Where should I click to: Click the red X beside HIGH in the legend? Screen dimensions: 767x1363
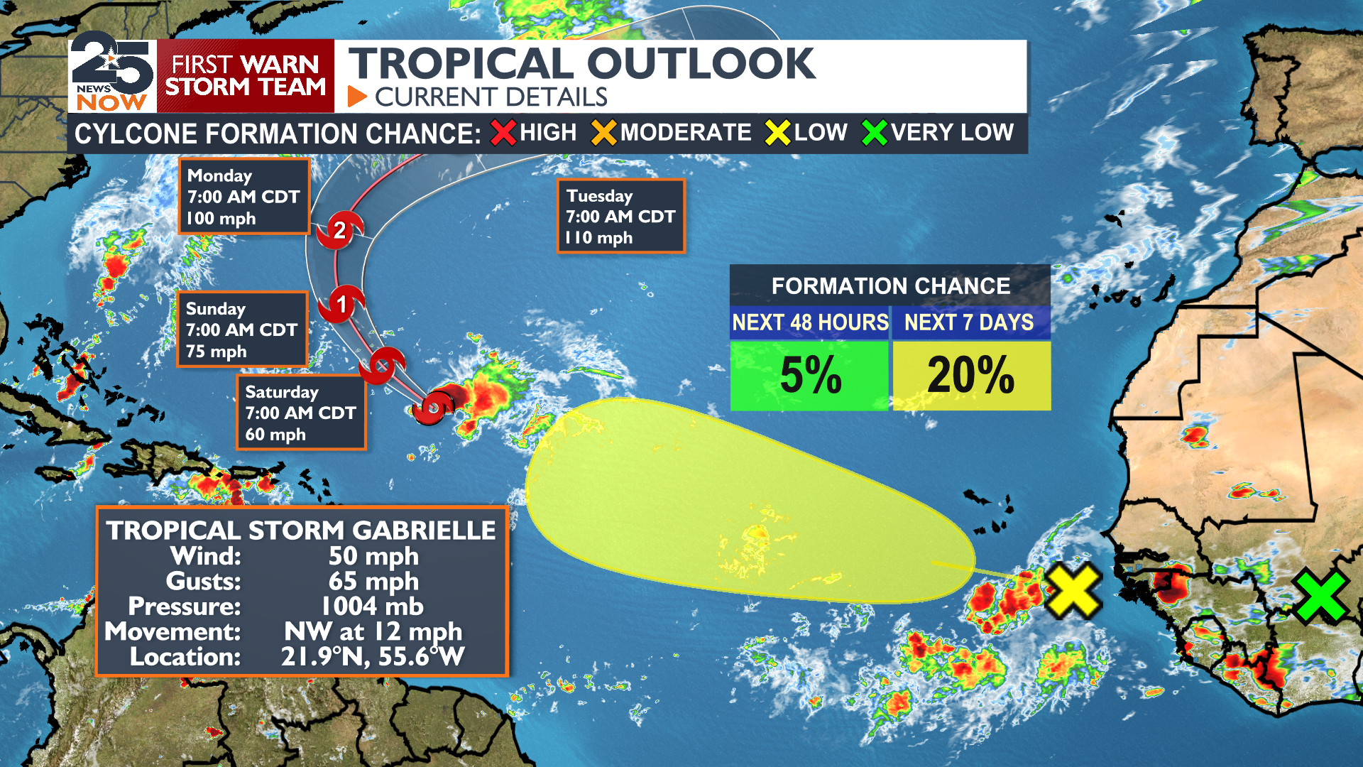pyautogui.click(x=503, y=133)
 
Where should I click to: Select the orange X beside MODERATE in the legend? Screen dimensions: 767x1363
pyautogui.click(x=604, y=133)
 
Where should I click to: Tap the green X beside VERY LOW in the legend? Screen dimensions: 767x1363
pyautogui.click(x=875, y=133)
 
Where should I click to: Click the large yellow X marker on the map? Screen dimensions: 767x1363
pyautogui.click(x=1073, y=590)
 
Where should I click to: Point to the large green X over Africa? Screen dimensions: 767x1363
pyautogui.click(x=1320, y=597)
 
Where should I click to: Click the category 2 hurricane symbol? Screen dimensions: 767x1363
pyautogui.click(x=339, y=230)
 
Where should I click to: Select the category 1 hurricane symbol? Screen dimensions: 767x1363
pyautogui.click(x=341, y=304)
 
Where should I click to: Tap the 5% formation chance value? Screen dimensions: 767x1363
pyautogui.click(x=810, y=375)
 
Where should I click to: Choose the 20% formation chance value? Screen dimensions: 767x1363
pyautogui.click(x=970, y=375)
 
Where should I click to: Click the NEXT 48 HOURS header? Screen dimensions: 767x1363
pyautogui.click(x=810, y=322)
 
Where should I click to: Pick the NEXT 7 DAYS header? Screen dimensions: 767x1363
pyautogui.click(x=969, y=322)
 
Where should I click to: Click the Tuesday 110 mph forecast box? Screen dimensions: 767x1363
pyautogui.click(x=620, y=216)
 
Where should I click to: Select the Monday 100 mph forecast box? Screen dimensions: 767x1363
pyautogui.click(x=243, y=196)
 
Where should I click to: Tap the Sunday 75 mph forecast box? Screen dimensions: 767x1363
pyautogui.click(x=241, y=330)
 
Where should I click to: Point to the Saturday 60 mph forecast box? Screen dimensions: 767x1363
pyautogui.click(x=300, y=413)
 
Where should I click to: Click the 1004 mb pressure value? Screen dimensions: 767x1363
pyautogui.click(x=372, y=606)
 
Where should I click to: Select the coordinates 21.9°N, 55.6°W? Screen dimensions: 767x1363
pyautogui.click(x=373, y=657)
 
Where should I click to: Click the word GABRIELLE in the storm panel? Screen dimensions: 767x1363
pyautogui.click(x=424, y=531)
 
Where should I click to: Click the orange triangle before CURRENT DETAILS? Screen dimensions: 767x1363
pyautogui.click(x=356, y=97)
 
